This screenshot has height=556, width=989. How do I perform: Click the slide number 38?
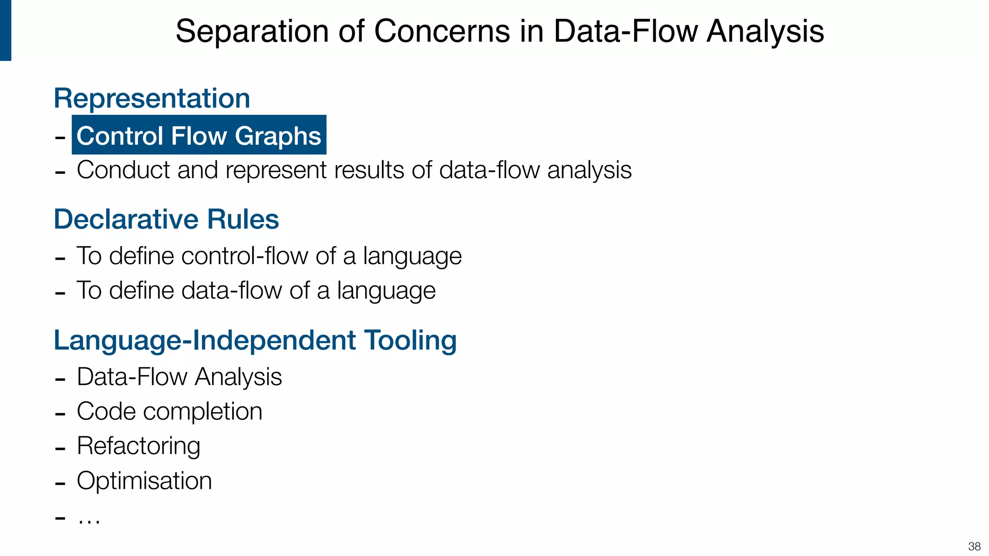(974, 546)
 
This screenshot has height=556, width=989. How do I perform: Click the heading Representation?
(152, 98)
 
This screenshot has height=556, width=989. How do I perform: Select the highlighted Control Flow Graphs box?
(199, 135)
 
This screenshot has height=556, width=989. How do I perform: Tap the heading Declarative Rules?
(166, 219)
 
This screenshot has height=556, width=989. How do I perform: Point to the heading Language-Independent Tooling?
(255, 340)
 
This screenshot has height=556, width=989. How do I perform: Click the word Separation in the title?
(252, 31)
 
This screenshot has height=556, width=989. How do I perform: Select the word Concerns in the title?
(442, 31)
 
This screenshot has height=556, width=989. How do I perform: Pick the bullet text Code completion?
(170, 412)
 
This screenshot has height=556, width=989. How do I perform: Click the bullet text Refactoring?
(139, 446)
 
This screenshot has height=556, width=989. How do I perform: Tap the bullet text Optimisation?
(144, 481)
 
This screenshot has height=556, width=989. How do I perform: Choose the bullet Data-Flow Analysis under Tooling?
(179, 377)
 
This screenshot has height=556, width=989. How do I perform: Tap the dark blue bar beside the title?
(5, 30)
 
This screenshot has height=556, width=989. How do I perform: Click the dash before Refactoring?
(60, 448)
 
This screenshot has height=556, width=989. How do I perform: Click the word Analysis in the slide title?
(765, 31)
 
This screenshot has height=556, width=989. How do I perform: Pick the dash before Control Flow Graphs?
(60, 138)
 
